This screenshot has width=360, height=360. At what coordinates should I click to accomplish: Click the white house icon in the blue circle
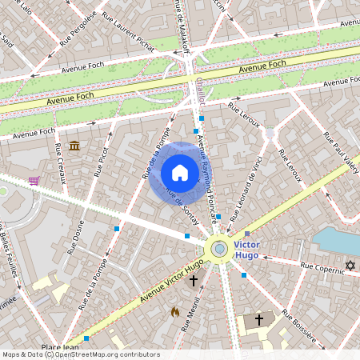(x=180, y=173)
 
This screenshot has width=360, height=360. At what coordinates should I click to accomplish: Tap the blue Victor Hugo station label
(x=246, y=250)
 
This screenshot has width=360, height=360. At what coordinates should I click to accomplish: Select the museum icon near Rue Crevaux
(x=74, y=146)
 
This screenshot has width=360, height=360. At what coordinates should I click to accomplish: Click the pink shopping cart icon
(x=34, y=181)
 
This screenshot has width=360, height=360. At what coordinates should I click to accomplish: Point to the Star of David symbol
(x=349, y=265)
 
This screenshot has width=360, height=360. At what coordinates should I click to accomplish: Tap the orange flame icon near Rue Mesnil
(x=175, y=311)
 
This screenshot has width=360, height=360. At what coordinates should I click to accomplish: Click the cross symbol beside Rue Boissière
(x=258, y=319)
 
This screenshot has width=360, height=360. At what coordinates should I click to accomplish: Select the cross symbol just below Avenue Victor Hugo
(x=192, y=281)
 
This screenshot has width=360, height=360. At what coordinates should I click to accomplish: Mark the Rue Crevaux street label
(x=59, y=162)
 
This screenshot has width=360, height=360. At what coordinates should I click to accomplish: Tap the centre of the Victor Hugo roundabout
(x=218, y=249)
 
